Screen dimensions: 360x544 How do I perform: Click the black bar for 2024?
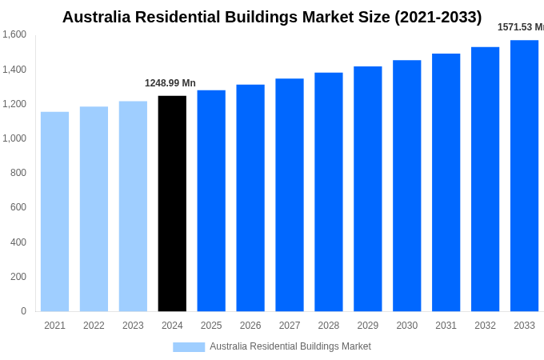(172, 203)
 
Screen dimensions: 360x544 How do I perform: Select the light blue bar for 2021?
(54, 211)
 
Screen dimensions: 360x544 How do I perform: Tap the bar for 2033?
(524, 176)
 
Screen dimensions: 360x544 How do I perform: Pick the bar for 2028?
(328, 192)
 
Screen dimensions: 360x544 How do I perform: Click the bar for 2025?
(211, 201)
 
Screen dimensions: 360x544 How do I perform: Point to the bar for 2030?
(406, 186)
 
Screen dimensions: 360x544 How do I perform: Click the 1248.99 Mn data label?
(170, 83)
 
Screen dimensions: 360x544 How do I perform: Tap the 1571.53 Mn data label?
(520, 27)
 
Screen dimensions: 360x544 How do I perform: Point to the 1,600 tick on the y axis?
(14, 34)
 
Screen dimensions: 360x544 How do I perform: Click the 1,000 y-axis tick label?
(14, 138)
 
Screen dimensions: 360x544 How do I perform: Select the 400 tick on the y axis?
(18, 242)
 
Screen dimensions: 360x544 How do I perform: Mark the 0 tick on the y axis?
(23, 311)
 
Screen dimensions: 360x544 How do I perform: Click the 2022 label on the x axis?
(94, 326)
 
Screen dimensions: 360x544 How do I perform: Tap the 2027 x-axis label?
(290, 326)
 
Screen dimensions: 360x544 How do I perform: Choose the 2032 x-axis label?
(485, 326)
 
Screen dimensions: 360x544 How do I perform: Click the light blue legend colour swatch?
(189, 347)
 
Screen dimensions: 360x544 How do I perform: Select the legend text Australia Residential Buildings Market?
(290, 346)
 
